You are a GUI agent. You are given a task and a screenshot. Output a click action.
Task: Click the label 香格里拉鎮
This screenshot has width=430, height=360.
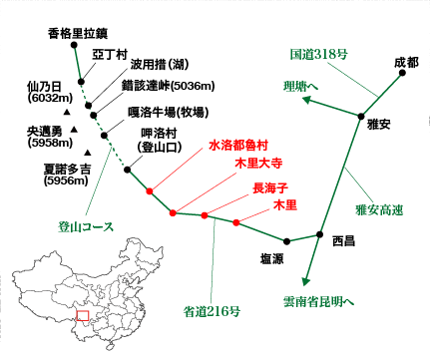coord(75,33)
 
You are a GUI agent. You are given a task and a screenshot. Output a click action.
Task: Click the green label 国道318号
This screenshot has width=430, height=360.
coord(317,53)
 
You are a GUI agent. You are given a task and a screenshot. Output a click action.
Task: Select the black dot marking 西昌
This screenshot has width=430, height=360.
coord(319,235)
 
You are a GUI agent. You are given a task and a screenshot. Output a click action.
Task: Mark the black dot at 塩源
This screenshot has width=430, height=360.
coord(286,240)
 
